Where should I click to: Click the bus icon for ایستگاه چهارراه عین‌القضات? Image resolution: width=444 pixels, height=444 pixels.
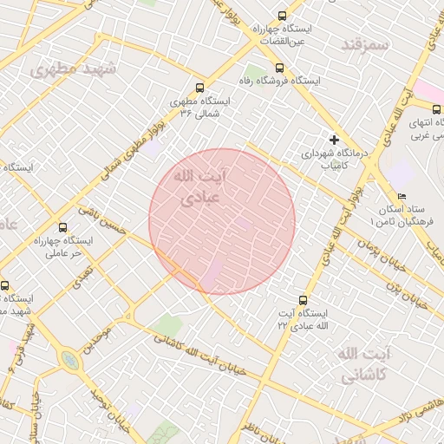[x=281, y=16]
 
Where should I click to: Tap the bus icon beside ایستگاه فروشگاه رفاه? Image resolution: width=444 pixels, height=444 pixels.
[x=277, y=68]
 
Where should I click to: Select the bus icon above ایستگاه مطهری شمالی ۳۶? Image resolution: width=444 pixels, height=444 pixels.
[x=200, y=87]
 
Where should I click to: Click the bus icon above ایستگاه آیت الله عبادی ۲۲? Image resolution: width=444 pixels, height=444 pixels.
[x=302, y=298]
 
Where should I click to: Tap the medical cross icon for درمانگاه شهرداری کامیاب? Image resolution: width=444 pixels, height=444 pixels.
[x=333, y=139]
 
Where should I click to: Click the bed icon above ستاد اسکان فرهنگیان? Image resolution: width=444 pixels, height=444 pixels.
[x=401, y=196]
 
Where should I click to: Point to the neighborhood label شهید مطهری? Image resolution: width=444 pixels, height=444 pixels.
[x=67, y=68]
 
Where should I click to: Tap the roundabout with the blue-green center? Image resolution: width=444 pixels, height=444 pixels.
[x=69, y=359]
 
